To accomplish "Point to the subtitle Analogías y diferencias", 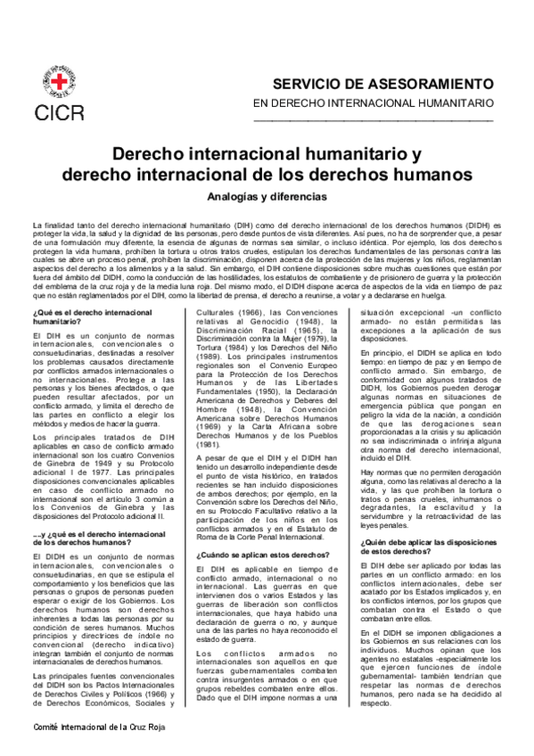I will tap(267, 195).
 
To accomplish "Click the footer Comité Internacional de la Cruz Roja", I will tap(85, 727).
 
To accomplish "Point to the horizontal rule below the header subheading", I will tap(386, 119).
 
